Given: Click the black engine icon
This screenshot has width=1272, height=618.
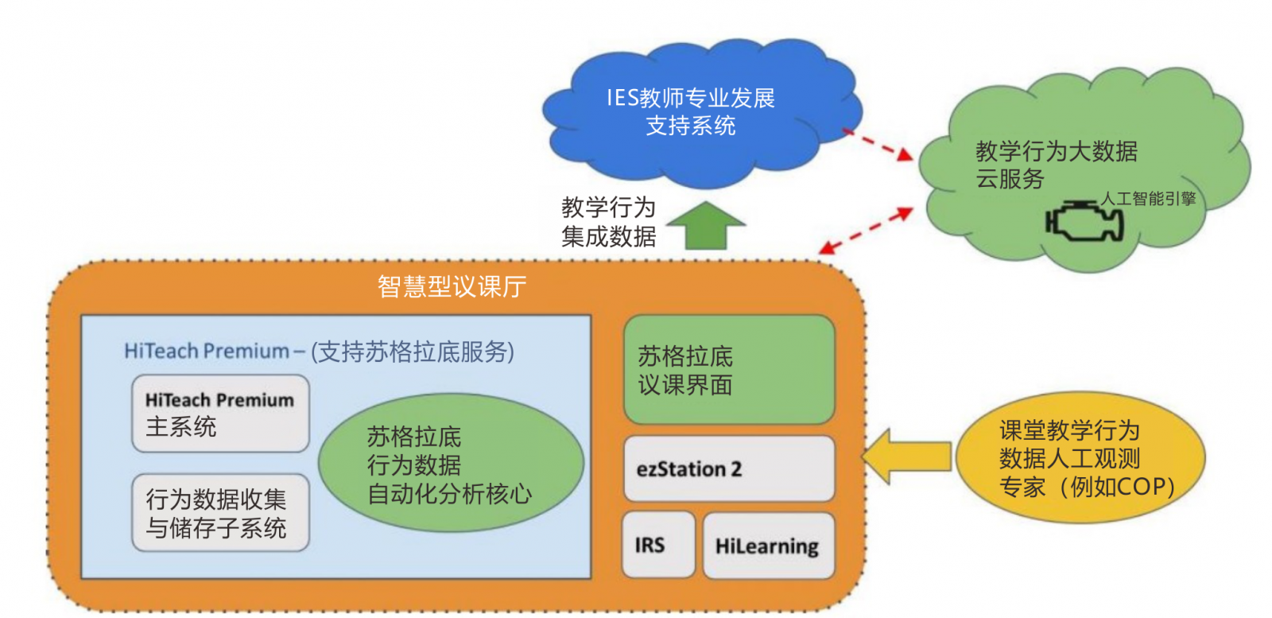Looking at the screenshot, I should coord(1084,221).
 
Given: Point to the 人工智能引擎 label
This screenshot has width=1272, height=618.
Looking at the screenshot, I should coord(1148,199).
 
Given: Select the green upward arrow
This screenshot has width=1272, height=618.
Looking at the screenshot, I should coord(705,226).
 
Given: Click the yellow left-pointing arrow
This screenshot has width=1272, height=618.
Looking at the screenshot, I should coord(906,457).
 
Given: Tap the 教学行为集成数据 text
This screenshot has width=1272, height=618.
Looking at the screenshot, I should coord(608,222).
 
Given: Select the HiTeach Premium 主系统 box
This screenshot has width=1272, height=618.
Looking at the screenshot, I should coord(220,414).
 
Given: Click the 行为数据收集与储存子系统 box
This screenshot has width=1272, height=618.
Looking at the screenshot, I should coord(220,513).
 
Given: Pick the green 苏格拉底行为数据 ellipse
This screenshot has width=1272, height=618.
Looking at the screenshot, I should coord(450,464).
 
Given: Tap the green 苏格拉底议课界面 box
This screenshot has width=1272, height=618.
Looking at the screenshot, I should coord(728,370).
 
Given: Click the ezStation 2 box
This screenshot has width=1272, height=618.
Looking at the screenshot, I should coord(728,468).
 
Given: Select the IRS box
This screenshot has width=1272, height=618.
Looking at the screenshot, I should coord(657,545).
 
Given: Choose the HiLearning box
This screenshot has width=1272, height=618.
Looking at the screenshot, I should coord(768,546).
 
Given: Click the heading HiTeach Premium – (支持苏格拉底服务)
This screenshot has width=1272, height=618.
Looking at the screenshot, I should coord(319,351).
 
